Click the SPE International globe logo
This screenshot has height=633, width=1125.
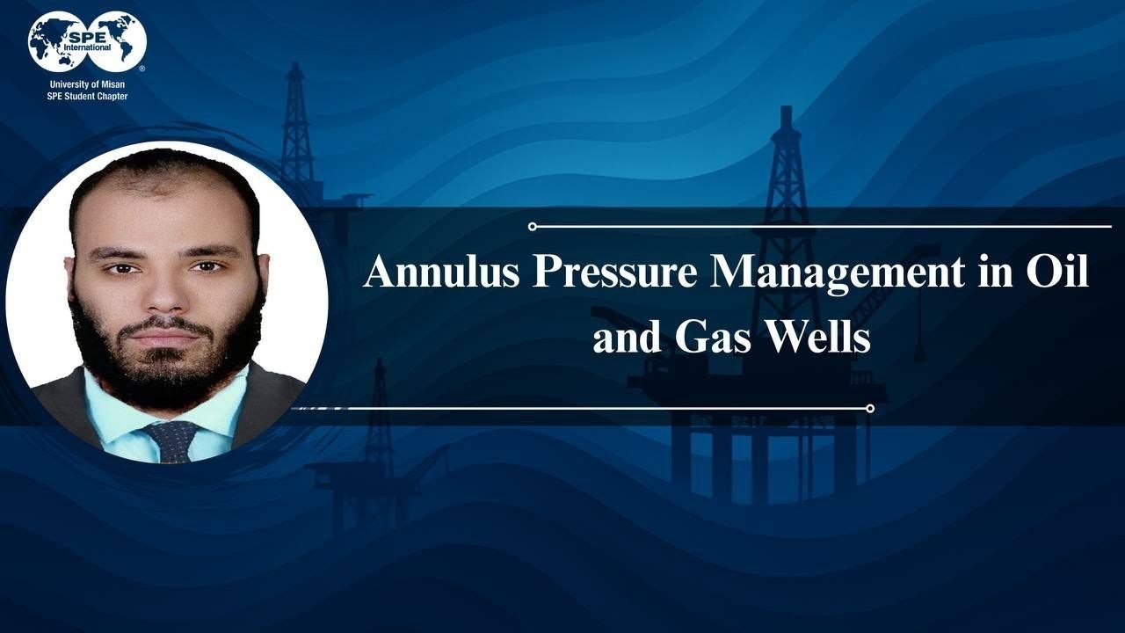pyautogui.click(x=87, y=41)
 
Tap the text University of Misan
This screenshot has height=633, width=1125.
pyautogui.click(x=87, y=85)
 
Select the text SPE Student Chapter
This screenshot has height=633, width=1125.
pyautogui.click(x=87, y=96)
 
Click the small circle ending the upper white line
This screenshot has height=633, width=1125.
pyautogui.click(x=533, y=227)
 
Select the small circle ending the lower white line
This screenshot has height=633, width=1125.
pyautogui.click(x=869, y=408)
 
